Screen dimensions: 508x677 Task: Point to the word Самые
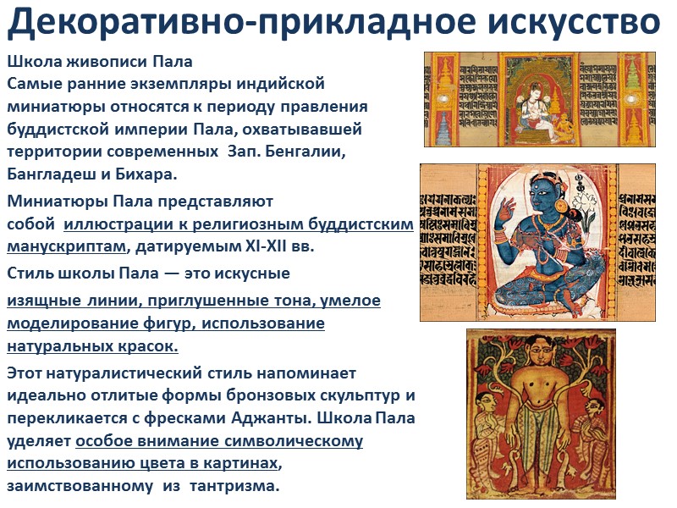point(35,85)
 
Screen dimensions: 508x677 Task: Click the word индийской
point(278,85)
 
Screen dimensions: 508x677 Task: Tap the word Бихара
point(148,174)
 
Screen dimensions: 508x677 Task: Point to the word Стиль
point(30,273)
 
